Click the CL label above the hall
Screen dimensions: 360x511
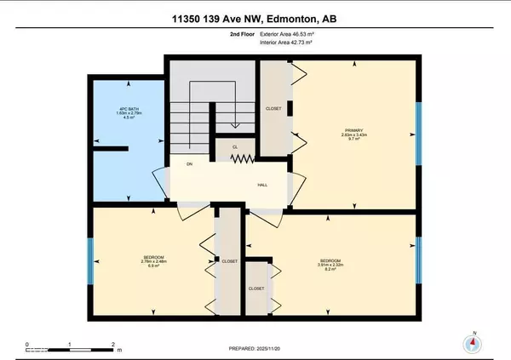[x=234, y=146]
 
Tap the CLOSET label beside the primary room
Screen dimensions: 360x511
[x=273, y=110]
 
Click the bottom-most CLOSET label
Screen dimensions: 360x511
[x=256, y=289]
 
